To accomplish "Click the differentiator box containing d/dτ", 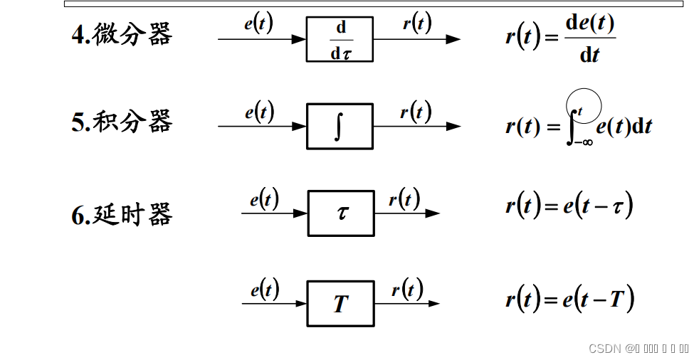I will click(340, 39).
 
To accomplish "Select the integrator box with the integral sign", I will click(340, 127).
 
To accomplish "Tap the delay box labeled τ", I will click(341, 213).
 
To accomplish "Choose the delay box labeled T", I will click(341, 304).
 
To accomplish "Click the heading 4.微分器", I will click(122, 34).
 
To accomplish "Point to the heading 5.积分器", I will click(122, 122).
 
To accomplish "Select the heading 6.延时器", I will click(122, 214).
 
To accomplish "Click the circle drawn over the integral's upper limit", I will click(584, 105).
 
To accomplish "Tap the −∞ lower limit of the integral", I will click(584, 142).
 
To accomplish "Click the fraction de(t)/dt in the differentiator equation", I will click(589, 38).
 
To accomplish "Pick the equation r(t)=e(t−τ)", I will click(569, 206).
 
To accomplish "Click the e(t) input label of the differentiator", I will click(258, 23).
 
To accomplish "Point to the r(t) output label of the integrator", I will click(416, 112).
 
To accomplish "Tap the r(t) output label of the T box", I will click(407, 290).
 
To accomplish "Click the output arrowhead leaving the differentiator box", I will click(453, 39).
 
